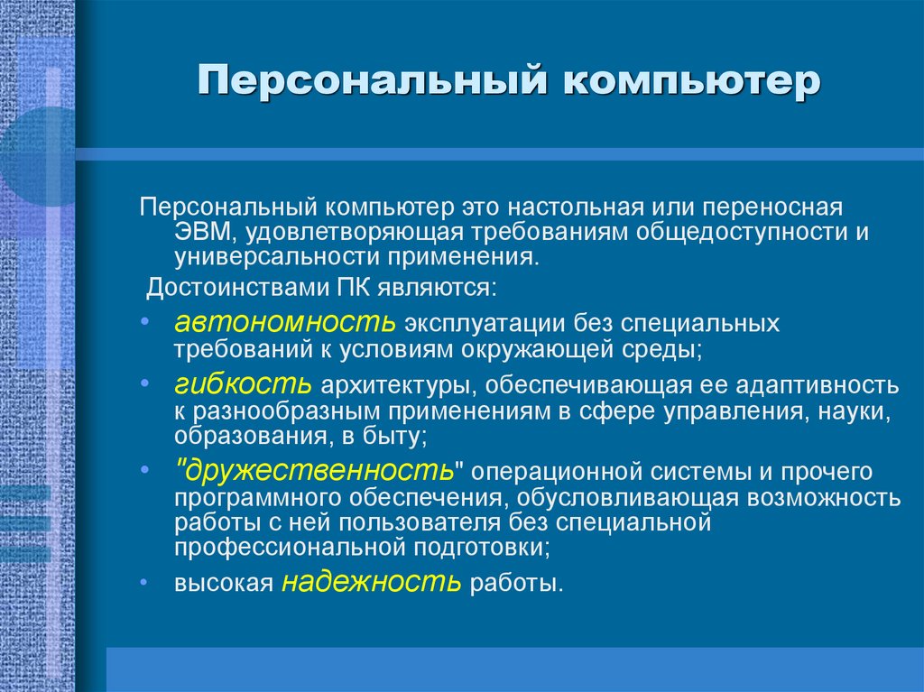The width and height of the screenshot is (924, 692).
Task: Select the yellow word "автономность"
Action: point(285,322)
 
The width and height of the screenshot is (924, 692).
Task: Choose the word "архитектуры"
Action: point(395,387)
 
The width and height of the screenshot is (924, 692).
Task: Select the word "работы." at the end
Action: point(515,585)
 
